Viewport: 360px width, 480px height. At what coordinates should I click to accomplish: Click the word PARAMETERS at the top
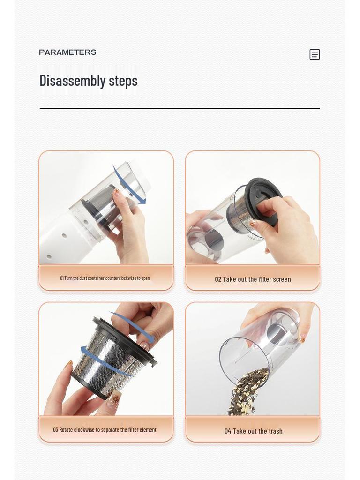pos(67,52)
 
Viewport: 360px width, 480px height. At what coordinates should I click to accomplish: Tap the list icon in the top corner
pos(315,54)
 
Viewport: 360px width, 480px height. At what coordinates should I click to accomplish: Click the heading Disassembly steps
pos(89,81)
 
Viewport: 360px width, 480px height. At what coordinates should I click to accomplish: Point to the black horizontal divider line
pos(180,108)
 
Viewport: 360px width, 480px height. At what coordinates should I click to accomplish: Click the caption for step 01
pos(105,278)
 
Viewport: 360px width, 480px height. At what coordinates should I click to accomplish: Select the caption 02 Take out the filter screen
pos(253,279)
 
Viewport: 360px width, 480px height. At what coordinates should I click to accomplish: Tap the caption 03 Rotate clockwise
pos(105,430)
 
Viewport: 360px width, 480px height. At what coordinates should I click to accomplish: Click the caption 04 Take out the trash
pos(254,431)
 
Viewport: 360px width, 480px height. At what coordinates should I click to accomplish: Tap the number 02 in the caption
pos(218,279)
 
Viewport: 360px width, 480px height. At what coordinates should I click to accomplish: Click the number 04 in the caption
pos(228,431)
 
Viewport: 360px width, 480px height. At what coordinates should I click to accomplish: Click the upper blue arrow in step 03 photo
pos(134,326)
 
